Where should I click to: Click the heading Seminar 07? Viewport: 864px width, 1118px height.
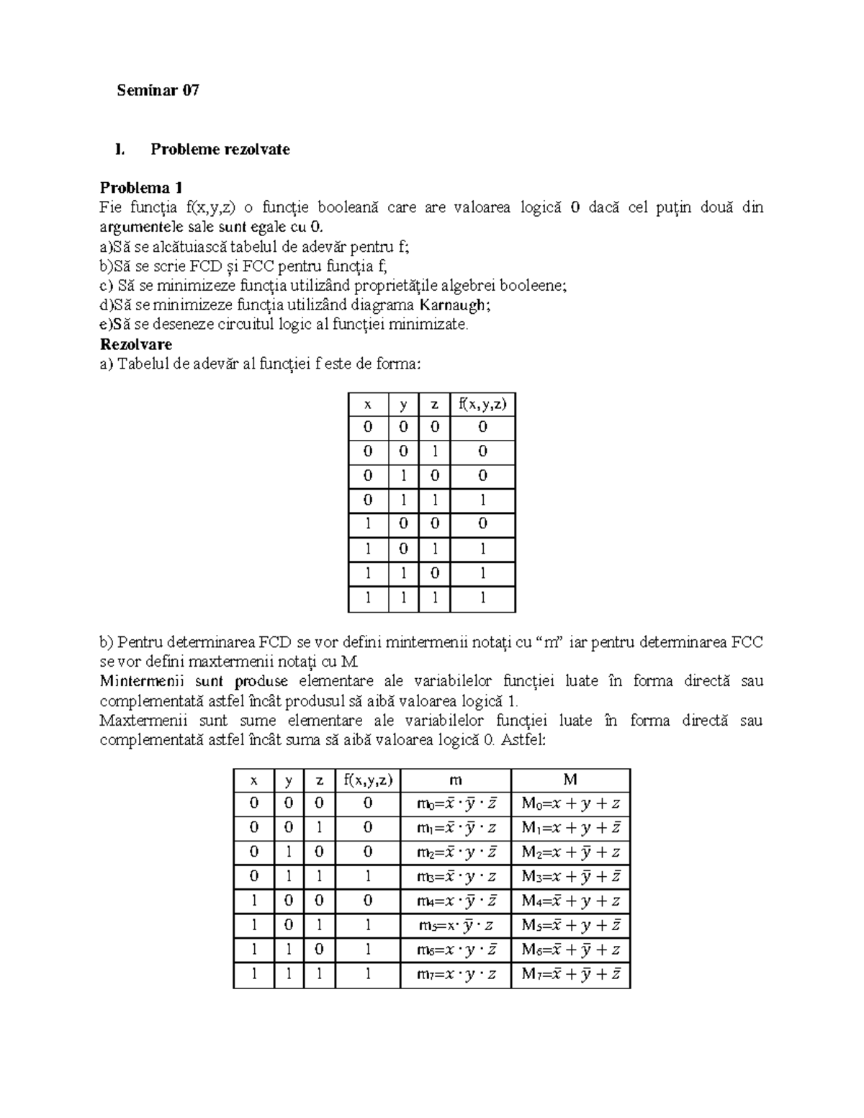tap(158, 91)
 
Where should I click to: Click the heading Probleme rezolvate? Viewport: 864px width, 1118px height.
tap(220, 150)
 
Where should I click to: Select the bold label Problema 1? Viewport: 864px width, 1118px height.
tap(141, 188)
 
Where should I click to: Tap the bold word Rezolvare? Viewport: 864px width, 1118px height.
tap(136, 344)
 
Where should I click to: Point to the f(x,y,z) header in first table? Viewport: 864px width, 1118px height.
tap(482, 404)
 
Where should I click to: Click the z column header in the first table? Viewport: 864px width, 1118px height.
tap(434, 404)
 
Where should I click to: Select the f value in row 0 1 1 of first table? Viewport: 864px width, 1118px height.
tap(482, 501)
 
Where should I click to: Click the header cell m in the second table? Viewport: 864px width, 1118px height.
tap(455, 780)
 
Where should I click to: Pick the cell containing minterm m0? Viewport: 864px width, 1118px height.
tap(455, 804)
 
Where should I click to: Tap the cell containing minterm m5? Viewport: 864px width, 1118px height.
tap(455, 925)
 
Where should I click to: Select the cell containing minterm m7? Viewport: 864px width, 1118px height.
tap(455, 975)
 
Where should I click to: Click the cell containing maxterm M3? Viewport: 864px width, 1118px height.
tap(570, 877)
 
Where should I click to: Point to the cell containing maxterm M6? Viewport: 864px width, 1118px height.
tap(570, 950)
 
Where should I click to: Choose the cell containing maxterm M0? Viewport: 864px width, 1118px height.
tap(570, 804)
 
